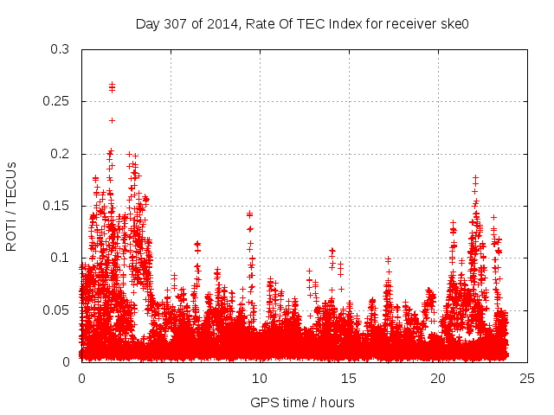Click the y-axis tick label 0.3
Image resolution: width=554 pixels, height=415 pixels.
coord(60,49)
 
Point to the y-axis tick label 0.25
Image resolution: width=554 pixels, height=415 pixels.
coord(56,101)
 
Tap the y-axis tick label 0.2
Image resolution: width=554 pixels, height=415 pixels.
coord(60,154)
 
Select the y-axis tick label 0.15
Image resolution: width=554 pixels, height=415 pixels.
coord(56,206)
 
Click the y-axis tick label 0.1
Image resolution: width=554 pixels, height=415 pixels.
coord(60,258)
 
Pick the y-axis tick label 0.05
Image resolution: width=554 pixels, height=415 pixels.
coord(56,310)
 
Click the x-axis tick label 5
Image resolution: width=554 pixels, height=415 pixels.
coord(171,378)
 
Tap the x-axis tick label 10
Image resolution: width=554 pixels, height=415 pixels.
coord(260,378)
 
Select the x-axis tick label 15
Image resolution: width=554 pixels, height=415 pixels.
coord(349,378)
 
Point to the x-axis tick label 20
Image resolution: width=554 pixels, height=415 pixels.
coord(438,378)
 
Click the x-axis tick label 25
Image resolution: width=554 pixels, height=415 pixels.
coord(527,378)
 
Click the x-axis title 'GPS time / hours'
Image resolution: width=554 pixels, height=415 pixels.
coord(302,402)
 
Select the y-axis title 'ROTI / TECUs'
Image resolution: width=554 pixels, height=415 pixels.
coord(12,206)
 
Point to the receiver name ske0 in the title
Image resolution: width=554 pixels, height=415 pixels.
coord(454,23)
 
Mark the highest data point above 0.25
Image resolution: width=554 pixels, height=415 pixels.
coord(112,84)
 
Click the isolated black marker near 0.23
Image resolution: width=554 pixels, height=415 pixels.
coord(112,120)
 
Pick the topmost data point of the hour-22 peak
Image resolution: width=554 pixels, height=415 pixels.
coord(475,177)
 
